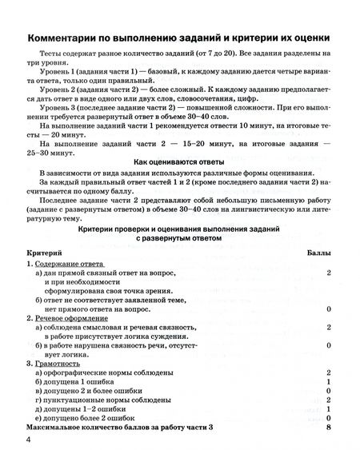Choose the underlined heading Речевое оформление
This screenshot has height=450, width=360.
[x=70, y=317]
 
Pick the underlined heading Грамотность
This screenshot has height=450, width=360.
[x=55, y=362]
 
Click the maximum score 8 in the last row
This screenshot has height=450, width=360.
[x=329, y=428]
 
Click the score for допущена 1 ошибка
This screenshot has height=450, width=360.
[x=329, y=382]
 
